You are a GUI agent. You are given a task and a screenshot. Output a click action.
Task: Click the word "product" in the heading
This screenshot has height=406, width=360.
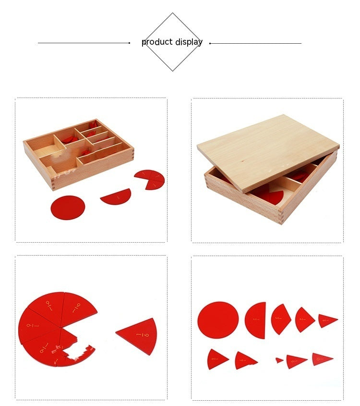pos(157,42)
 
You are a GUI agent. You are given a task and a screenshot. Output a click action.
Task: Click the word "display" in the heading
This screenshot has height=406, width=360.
pos(188,42)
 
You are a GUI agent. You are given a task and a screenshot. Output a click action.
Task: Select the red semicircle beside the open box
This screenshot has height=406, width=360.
pos(116,197)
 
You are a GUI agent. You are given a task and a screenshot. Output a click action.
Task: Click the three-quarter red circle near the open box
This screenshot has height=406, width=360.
pos(151,179)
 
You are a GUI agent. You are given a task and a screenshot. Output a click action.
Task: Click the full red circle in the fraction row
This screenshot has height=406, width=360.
pos(218,320)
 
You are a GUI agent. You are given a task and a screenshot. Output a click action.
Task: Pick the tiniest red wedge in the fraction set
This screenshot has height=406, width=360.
pos(279,360)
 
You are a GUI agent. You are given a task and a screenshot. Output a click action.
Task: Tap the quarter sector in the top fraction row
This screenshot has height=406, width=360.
pos(304,320)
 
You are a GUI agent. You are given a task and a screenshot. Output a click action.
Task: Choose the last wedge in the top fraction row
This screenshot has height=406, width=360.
pos(327,320)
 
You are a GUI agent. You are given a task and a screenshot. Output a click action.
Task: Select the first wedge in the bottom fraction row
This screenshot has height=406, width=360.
pos(216,358)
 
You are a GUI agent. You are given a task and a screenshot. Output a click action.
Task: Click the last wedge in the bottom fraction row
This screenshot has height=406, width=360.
pos(321,358)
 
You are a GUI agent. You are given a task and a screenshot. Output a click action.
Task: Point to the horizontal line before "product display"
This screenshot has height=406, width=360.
pos(84,43)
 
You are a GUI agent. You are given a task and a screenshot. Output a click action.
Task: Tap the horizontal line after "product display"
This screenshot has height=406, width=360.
pos(255,43)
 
